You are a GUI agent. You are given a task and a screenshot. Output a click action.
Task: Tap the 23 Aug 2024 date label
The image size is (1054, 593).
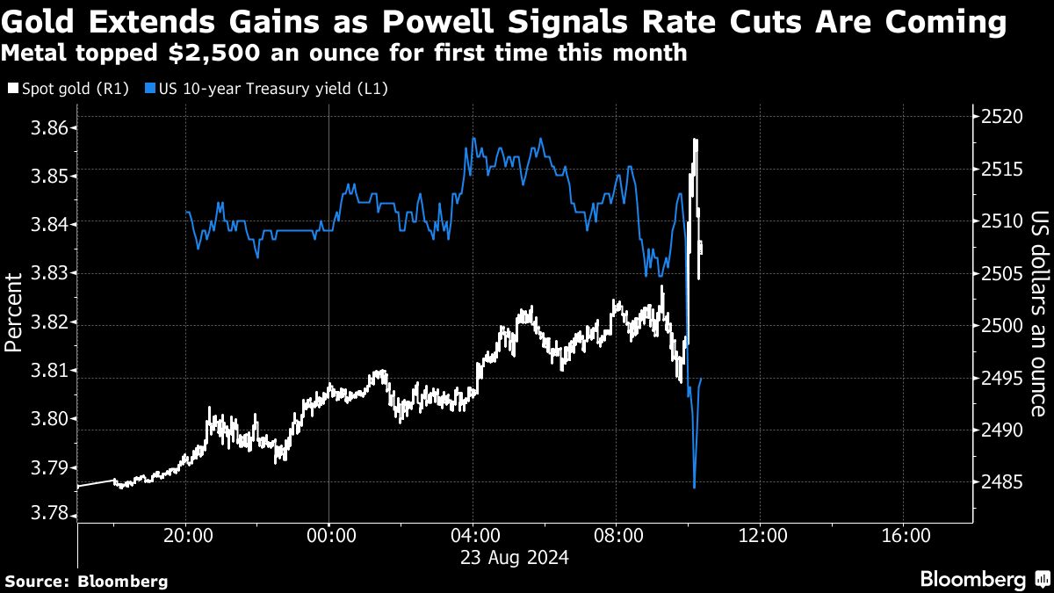[x=510, y=558]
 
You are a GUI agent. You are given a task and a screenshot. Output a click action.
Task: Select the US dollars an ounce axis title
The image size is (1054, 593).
[x=1039, y=313]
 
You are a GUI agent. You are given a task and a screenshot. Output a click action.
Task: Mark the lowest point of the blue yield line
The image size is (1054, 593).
[x=694, y=488]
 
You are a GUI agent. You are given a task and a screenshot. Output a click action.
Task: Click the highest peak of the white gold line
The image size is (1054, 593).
[x=695, y=140]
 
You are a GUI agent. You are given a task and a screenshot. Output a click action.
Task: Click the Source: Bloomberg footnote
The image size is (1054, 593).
[x=86, y=581]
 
